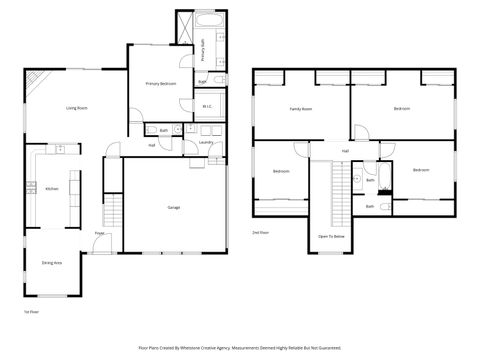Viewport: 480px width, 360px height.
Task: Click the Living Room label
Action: click(76, 107)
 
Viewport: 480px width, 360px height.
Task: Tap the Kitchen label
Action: click(51, 188)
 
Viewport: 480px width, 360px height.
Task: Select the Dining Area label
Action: click(52, 262)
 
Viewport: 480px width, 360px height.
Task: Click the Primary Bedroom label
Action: click(160, 83)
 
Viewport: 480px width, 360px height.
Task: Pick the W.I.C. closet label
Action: click(207, 105)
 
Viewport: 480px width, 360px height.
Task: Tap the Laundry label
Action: click(206, 142)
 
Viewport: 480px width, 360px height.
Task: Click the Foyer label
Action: click(100, 233)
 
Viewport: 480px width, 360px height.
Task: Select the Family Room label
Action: click(300, 108)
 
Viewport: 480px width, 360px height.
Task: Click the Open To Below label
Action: click(332, 236)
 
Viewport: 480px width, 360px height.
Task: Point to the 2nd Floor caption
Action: click(260, 231)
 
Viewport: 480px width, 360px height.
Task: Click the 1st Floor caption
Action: click(30, 313)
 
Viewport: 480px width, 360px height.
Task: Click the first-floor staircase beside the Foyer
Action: click(113, 211)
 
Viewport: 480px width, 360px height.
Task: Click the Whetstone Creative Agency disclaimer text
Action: click(240, 348)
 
